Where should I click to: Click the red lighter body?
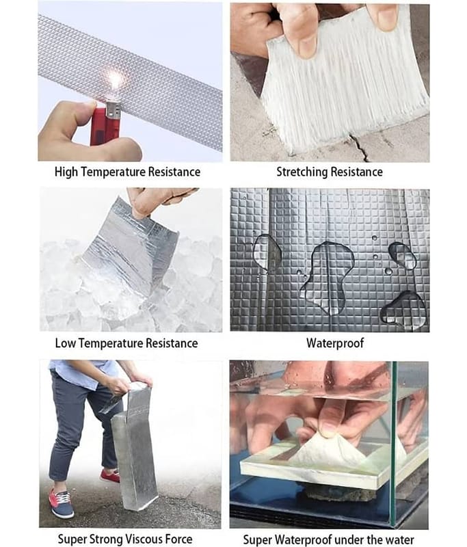tap(99, 125)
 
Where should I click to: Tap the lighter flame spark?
tap(115, 80)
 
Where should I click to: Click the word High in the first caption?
tap(66, 172)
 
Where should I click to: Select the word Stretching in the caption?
tap(302, 172)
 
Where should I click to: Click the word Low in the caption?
tap(65, 343)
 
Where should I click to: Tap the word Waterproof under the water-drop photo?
tap(335, 343)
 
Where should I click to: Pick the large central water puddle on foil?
tap(328, 276)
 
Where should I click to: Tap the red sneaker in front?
tap(62, 503)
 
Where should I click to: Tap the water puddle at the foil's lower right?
tap(404, 310)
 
